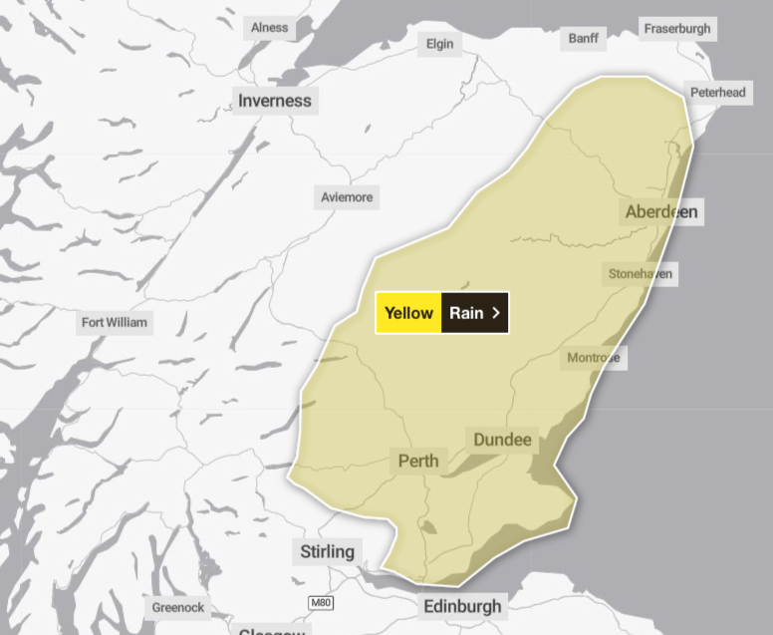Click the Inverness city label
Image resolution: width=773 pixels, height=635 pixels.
(x=275, y=101)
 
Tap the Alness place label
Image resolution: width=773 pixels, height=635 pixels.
(x=269, y=27)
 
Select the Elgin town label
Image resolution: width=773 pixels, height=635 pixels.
(x=439, y=44)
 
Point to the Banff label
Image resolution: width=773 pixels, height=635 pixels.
(x=585, y=38)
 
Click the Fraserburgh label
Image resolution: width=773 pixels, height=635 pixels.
(x=677, y=28)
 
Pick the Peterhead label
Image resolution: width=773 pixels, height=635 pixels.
(x=717, y=93)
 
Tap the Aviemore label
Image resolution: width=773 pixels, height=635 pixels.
(x=347, y=197)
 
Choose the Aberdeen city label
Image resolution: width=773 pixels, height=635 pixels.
(x=661, y=211)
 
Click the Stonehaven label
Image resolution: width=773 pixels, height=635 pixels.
(x=641, y=273)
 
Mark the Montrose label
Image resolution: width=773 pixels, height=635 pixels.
(x=594, y=358)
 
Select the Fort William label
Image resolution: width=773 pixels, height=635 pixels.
(x=115, y=322)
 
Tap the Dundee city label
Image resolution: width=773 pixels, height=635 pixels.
(x=504, y=440)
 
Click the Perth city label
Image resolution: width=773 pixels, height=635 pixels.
(x=418, y=462)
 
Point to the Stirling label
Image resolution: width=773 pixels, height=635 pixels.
(x=327, y=551)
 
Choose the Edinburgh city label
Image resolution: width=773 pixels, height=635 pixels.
(x=463, y=606)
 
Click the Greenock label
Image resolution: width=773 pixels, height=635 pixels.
(x=178, y=607)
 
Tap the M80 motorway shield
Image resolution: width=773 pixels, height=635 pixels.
(x=320, y=603)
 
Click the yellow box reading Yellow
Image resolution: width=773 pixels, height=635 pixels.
(x=408, y=313)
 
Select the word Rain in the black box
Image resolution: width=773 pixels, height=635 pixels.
(x=466, y=313)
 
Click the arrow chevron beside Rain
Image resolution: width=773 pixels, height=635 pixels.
(x=496, y=313)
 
